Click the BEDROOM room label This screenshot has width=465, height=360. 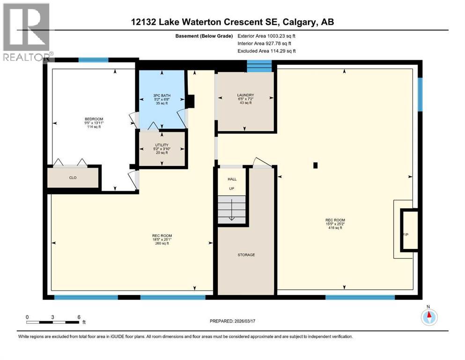[x=90, y=119]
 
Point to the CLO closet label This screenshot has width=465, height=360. [x=73, y=178]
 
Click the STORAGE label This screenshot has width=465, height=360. [x=246, y=255]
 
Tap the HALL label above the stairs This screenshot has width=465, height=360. [x=232, y=179]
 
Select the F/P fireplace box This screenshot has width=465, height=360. [x=407, y=231]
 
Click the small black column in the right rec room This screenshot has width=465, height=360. [x=316, y=165]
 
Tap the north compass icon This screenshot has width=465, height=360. [x=428, y=316]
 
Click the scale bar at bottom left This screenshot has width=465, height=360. [x=52, y=322]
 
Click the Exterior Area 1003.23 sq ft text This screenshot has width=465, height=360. [x=267, y=36]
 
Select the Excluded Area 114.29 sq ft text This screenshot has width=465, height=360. [x=267, y=51]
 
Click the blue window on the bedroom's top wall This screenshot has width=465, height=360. [x=93, y=60]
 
